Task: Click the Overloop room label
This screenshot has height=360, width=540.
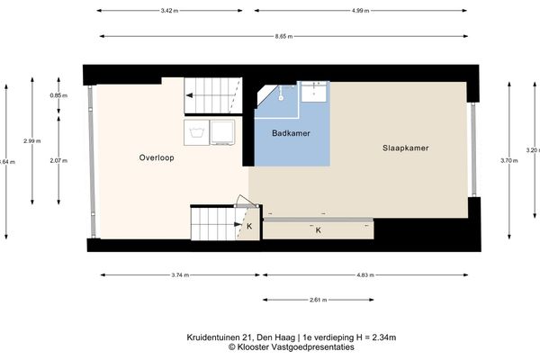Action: tap(156, 157)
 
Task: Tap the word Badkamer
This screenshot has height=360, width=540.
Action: tap(290, 133)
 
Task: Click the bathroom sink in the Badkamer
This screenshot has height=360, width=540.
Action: tap(315, 90)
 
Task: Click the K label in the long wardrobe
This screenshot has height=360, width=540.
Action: tap(318, 230)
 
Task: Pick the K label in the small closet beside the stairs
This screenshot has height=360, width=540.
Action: tap(248, 226)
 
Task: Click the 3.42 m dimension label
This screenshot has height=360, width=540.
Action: tap(161, 12)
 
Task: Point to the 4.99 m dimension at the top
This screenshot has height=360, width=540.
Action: tap(357, 12)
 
